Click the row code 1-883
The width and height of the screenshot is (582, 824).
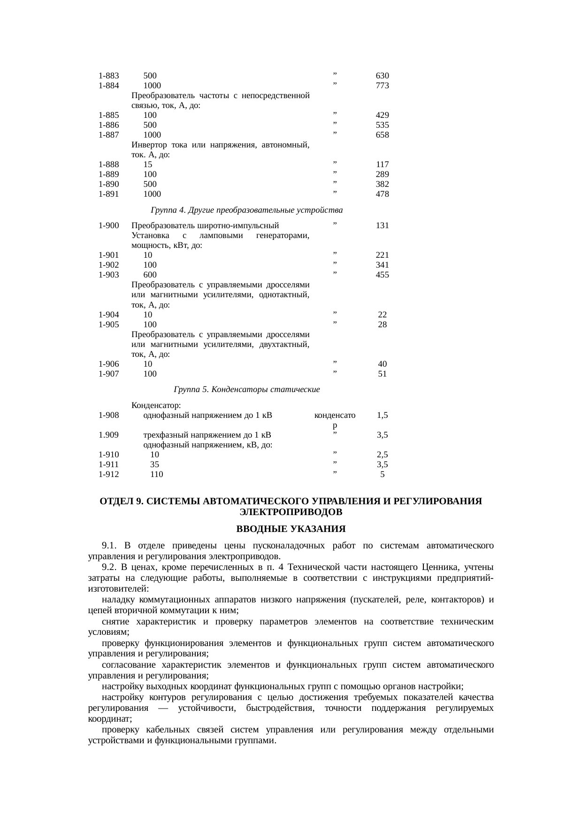coord(109,76)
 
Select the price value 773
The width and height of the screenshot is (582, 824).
coord(382,86)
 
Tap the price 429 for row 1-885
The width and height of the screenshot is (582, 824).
coord(382,116)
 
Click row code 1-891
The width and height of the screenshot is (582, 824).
coord(109,194)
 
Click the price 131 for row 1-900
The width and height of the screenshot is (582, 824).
coord(382,226)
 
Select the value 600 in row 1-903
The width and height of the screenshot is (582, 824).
coord(150,275)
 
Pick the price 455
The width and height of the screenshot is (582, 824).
coord(382,275)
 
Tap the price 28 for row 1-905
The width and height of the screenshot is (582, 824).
coord(382,324)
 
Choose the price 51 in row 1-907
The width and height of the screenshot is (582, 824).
coord(382,374)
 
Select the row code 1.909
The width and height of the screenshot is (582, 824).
coord(109,435)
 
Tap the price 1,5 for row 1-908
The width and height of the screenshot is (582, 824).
coord(382,416)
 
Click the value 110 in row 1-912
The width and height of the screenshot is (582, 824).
coord(156,475)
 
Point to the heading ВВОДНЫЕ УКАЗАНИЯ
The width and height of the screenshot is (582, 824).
coord(291,529)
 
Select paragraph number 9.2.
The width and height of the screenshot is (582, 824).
coord(109,568)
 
